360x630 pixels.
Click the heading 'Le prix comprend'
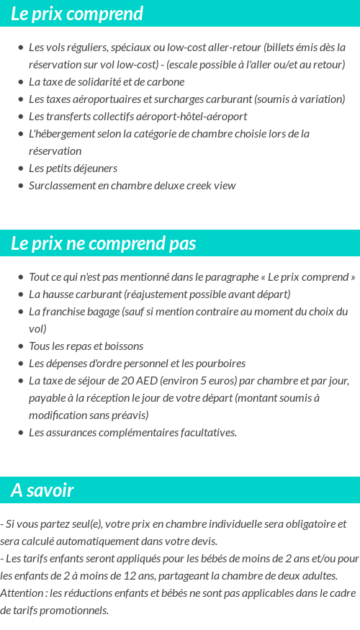[x=77, y=14]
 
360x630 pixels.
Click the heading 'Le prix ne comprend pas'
[x=104, y=243]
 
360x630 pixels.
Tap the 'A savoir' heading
[x=42, y=490]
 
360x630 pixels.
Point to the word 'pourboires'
[x=221, y=364]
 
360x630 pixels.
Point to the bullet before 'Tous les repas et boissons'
[x=21, y=346]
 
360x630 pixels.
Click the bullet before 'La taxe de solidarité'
[x=21, y=82]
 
